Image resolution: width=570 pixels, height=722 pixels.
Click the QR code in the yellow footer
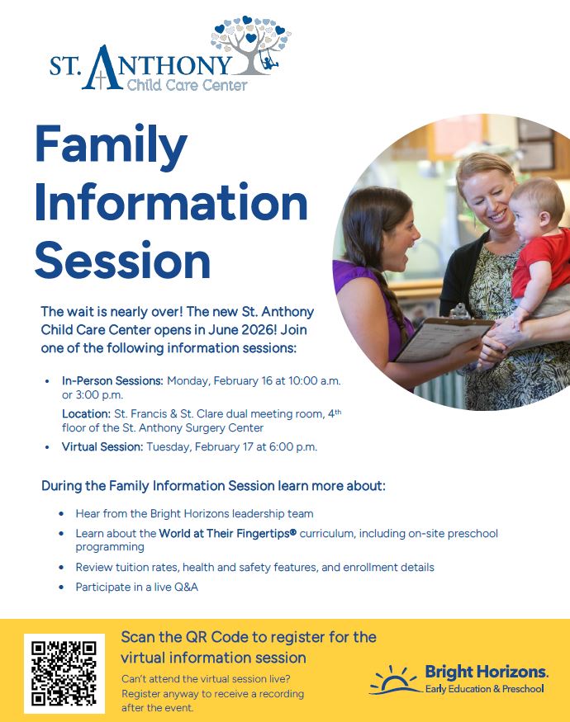click(x=64, y=673)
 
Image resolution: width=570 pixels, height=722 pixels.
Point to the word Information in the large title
click(x=171, y=202)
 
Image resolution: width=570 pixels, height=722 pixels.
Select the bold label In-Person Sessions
click(x=112, y=381)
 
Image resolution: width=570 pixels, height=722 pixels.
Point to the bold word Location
click(x=87, y=413)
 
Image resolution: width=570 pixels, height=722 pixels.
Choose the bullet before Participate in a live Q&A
click(x=61, y=588)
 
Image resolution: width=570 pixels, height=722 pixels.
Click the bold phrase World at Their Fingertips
click(x=227, y=534)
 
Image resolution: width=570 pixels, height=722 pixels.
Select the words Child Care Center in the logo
click(x=186, y=83)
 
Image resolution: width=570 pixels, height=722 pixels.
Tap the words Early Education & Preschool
click(x=484, y=688)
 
